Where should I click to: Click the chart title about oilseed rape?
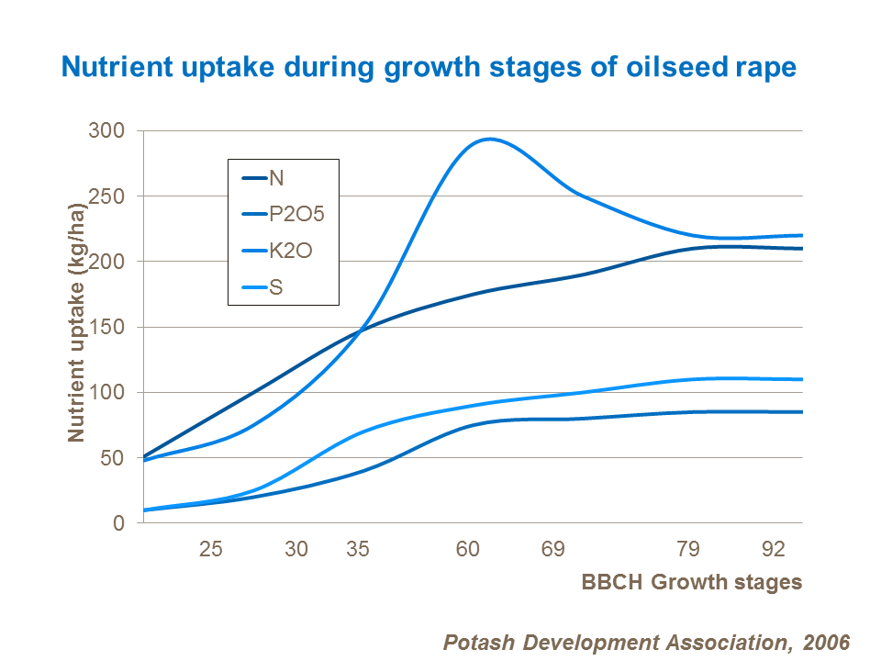point(428,67)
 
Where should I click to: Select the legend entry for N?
point(275,178)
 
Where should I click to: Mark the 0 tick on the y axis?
point(117,523)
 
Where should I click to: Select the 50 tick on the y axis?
point(112,458)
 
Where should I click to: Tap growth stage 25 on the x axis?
point(211,550)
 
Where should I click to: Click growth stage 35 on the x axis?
point(358,550)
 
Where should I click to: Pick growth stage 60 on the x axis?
point(468,550)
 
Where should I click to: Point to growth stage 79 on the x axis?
point(688,550)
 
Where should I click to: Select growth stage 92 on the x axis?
point(775,550)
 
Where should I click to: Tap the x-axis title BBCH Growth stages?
point(691,582)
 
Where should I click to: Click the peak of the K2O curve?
point(490,140)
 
